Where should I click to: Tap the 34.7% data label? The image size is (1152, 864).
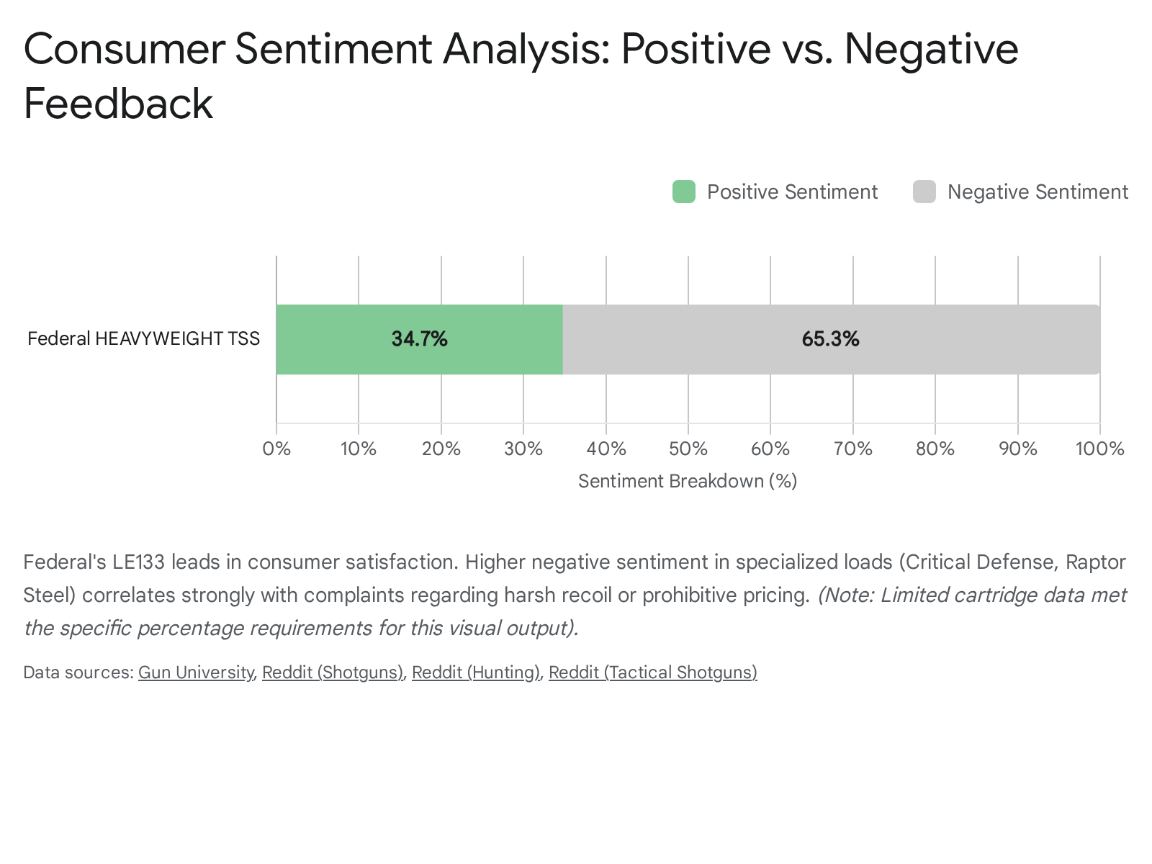click(419, 339)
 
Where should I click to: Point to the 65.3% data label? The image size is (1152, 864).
click(830, 339)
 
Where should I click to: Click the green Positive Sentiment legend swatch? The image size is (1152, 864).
click(683, 192)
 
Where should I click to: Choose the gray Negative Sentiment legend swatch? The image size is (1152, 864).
click(924, 192)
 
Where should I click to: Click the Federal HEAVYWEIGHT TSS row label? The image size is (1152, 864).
click(143, 338)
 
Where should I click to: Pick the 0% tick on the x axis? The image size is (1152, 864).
click(276, 449)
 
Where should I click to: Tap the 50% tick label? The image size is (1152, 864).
click(688, 449)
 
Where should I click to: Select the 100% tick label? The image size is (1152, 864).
click(1099, 449)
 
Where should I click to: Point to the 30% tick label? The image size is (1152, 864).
click(523, 449)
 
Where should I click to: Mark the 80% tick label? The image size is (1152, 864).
click(935, 449)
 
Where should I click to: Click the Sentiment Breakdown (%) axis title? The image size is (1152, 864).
click(688, 481)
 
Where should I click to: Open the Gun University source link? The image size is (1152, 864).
click(195, 672)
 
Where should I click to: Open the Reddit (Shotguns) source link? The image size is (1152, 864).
click(332, 672)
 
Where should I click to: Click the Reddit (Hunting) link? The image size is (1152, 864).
click(475, 672)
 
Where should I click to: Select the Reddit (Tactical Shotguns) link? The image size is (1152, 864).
click(652, 672)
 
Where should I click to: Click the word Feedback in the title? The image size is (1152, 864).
click(118, 103)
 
